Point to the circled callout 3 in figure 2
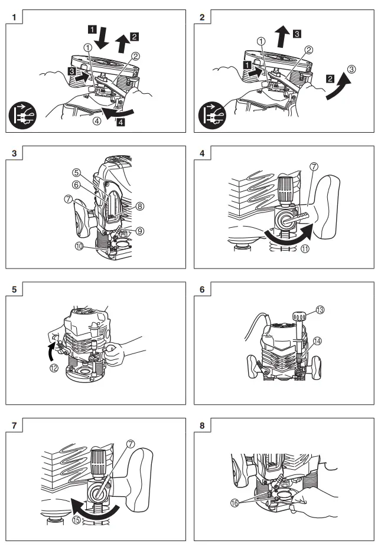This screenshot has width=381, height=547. pos(351,69)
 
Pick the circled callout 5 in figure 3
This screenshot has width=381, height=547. pos(77,174)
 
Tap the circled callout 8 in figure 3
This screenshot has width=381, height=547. pos(141,207)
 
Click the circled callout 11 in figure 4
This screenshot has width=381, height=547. pos(306,249)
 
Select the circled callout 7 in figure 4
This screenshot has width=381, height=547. pos(314,171)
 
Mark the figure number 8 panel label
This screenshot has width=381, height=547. pos(202,425)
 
